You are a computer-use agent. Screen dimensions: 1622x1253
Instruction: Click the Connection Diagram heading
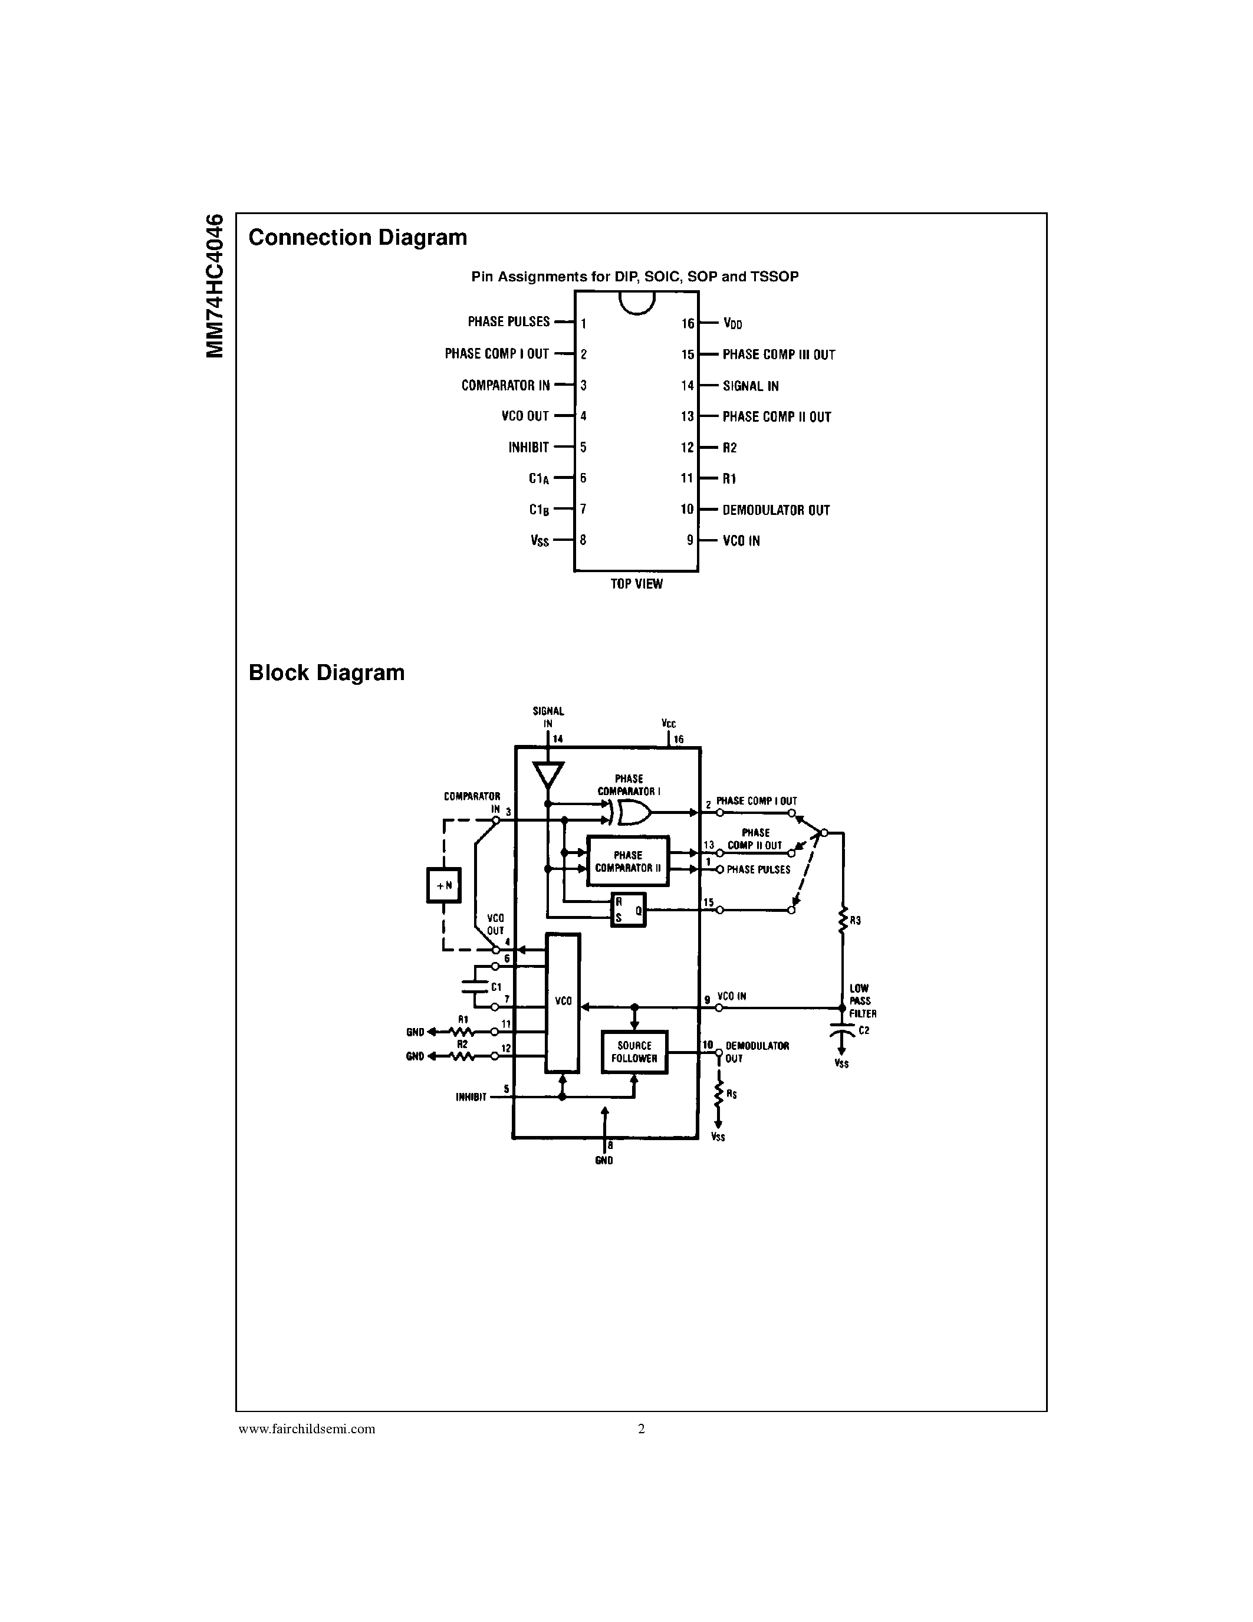coord(357,238)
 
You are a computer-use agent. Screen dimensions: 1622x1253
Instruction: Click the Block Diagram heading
coord(326,673)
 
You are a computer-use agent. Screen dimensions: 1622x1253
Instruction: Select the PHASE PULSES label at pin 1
coord(508,321)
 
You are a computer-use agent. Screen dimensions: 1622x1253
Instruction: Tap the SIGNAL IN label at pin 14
coord(751,386)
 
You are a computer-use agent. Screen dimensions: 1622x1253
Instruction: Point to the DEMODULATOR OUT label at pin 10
coord(776,510)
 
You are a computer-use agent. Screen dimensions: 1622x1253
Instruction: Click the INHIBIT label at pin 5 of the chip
coord(528,448)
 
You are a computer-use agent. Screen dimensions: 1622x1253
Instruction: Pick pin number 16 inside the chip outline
coord(688,324)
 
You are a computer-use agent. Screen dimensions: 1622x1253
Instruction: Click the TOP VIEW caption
coord(636,585)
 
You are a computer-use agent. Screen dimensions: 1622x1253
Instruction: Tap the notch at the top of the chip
coord(637,301)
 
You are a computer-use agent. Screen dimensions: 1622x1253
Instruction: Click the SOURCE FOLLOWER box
coord(634,1052)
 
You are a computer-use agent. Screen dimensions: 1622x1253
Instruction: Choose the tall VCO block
coord(563,1003)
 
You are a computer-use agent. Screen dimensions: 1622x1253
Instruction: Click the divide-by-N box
coord(444,885)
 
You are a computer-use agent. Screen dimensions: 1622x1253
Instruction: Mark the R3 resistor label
coord(855,921)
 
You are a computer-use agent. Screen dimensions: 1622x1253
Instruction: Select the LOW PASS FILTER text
coord(863,1001)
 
